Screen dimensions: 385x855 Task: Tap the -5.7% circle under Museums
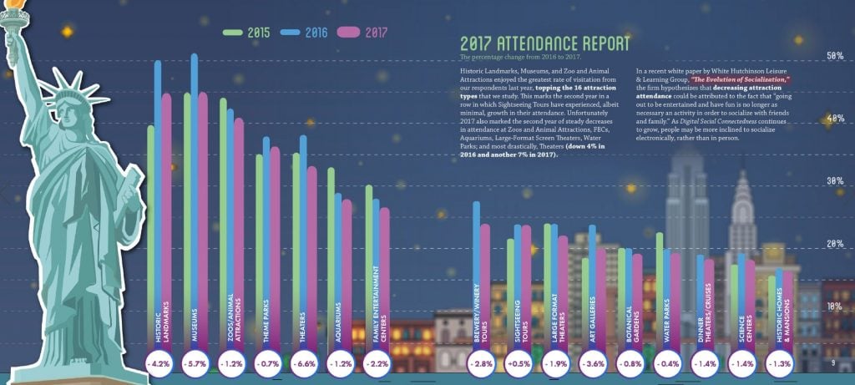(195, 364)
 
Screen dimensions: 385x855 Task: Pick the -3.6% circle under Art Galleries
(594, 364)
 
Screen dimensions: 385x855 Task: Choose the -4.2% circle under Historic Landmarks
(159, 364)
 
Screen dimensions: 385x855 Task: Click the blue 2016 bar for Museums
(195, 167)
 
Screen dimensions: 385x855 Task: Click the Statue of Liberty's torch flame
(13, 11)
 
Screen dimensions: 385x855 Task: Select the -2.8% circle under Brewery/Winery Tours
(483, 364)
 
